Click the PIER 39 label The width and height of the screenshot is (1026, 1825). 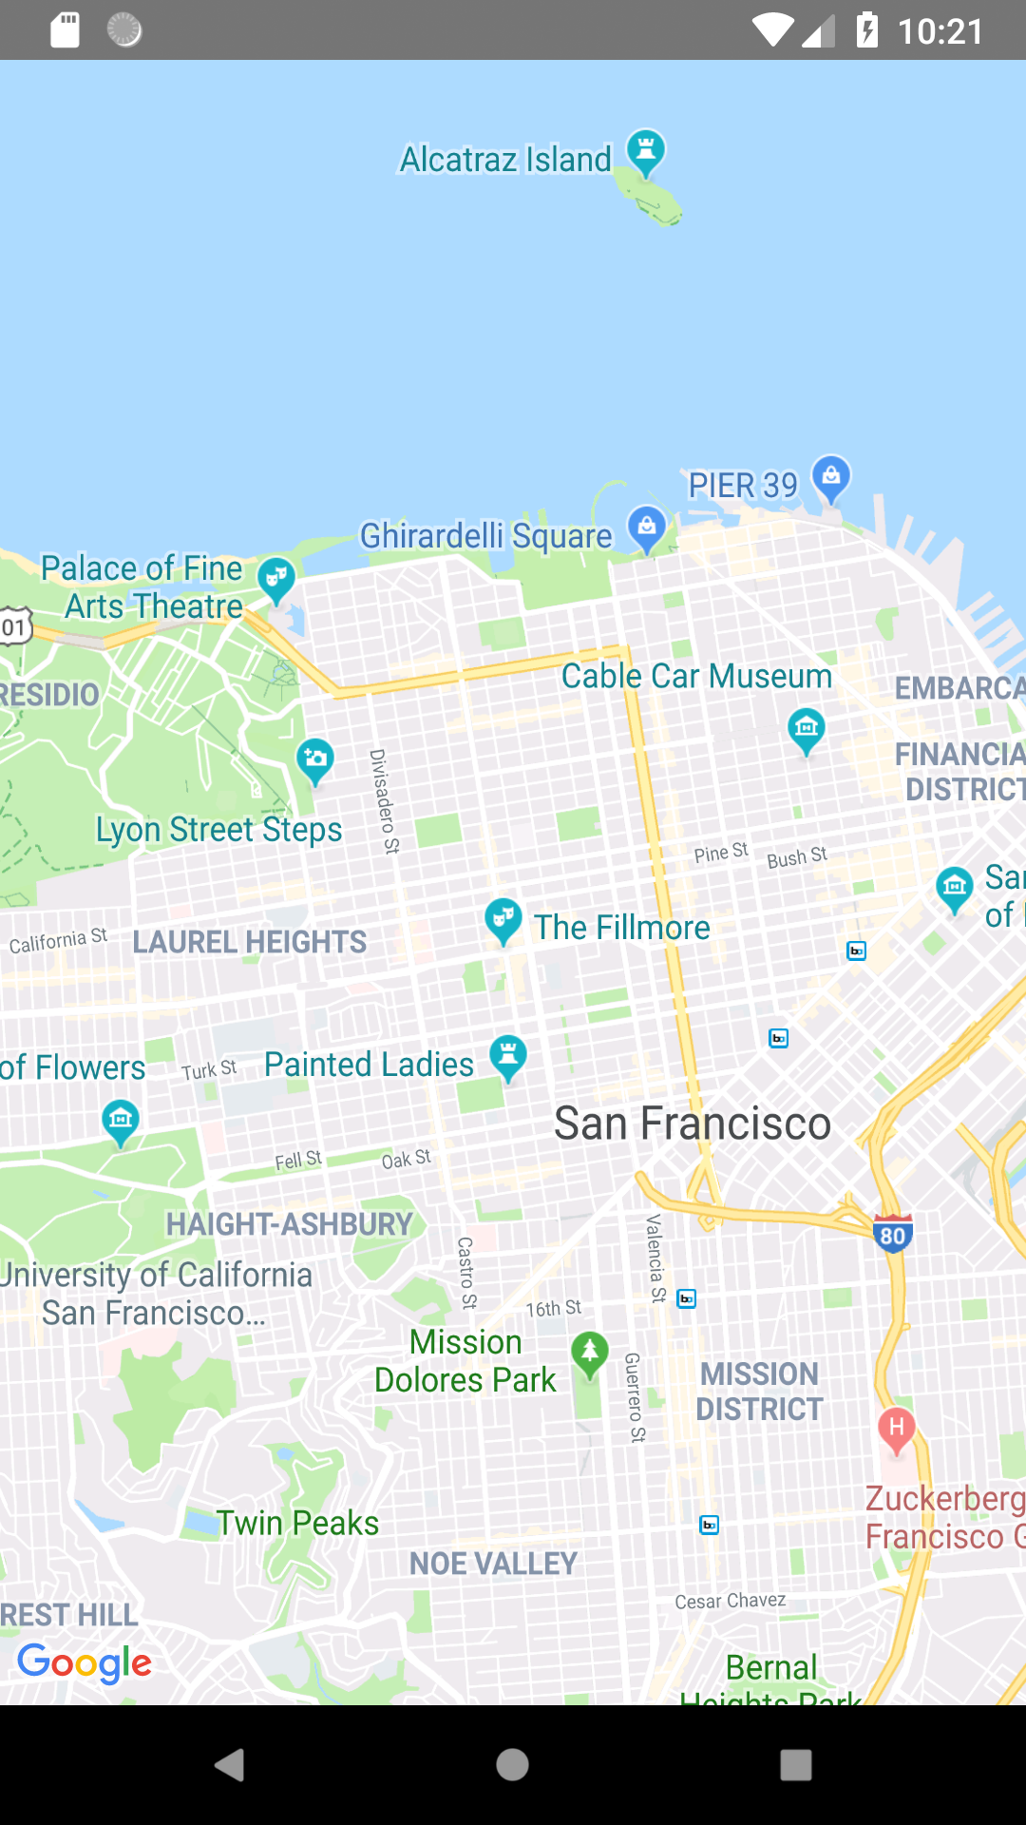tap(743, 486)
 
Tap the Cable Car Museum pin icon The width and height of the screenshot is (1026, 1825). tap(807, 730)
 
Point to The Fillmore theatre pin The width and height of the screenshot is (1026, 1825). tap(503, 920)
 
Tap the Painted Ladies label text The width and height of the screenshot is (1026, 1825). tap(369, 1065)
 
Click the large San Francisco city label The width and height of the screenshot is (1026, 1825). tap(693, 1124)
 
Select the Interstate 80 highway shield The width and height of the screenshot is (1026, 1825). tap(892, 1234)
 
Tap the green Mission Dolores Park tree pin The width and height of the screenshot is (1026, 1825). tap(590, 1353)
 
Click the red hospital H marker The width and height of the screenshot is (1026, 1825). tap(896, 1430)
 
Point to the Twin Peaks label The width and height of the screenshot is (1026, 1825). tap(298, 1524)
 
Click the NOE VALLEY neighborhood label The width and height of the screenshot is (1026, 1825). tap(493, 1564)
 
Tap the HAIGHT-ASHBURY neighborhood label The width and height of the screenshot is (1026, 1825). tap(290, 1224)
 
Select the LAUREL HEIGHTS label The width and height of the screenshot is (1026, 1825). tap(250, 942)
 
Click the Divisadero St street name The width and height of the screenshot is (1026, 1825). tap(384, 801)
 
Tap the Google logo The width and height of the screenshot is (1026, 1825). tap(85, 1662)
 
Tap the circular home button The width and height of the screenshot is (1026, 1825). tap(512, 1765)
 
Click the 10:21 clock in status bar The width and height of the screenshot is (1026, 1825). tap(940, 31)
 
